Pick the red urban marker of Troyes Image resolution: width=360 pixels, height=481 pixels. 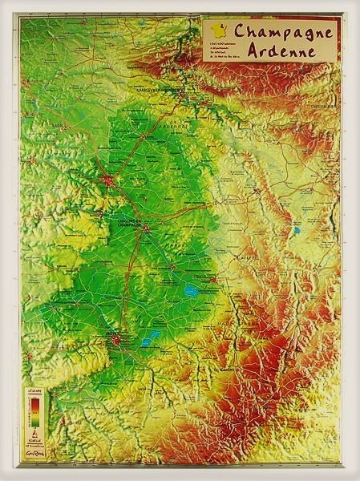tap(118, 342)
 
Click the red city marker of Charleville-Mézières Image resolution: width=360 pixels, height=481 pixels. tap(184, 93)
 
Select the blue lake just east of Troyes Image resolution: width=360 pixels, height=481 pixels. tap(150, 340)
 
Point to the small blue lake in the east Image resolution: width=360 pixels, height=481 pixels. tap(296, 231)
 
